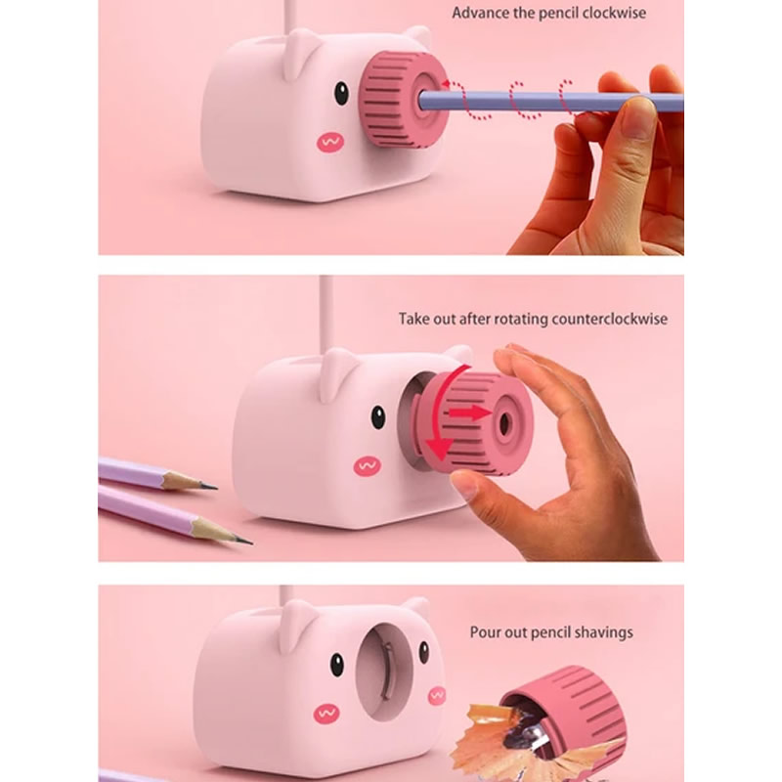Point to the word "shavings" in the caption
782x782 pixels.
[603, 632]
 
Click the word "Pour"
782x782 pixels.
[483, 632]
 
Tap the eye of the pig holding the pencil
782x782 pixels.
[341, 93]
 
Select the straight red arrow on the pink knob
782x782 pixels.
[470, 413]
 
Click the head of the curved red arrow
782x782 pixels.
[439, 449]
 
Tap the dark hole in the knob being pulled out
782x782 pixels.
[504, 423]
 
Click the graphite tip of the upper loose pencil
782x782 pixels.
[209, 485]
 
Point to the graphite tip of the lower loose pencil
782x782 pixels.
[243, 541]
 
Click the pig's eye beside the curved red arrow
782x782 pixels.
[378, 417]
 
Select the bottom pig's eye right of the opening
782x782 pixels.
[424, 652]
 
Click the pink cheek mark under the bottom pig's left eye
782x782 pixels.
[326, 714]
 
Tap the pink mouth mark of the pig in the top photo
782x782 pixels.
[330, 143]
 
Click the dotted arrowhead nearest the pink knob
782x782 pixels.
[446, 83]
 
